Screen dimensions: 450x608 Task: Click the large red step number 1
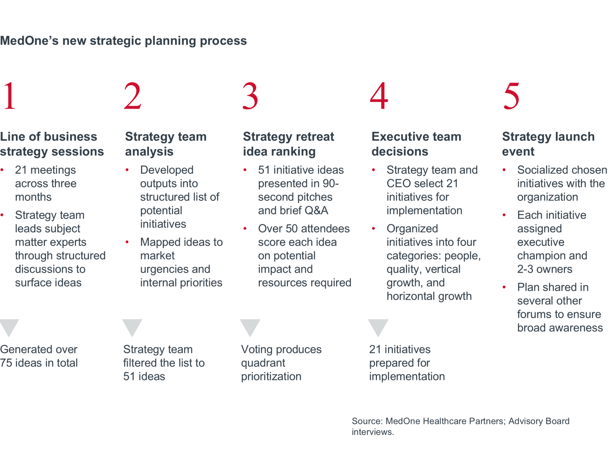[9, 96]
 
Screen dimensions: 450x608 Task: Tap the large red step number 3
[250, 96]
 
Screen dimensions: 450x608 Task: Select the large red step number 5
[511, 96]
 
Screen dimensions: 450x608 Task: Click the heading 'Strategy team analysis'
[166, 144]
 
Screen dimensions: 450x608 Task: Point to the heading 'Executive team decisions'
[416, 144]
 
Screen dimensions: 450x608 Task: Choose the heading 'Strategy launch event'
[548, 144]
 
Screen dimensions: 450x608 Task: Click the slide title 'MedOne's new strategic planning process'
[123, 41]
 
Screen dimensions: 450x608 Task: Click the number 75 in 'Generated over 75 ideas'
[6, 363]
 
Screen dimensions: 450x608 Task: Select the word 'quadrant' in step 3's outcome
[263, 363]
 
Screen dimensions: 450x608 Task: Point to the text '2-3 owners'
[545, 269]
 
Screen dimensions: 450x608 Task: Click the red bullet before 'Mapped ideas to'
[127, 242]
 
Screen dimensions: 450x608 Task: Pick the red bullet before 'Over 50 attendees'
[245, 228]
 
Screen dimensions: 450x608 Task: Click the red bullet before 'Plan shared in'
[504, 287]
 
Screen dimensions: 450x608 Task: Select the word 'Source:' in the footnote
[367, 421]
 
